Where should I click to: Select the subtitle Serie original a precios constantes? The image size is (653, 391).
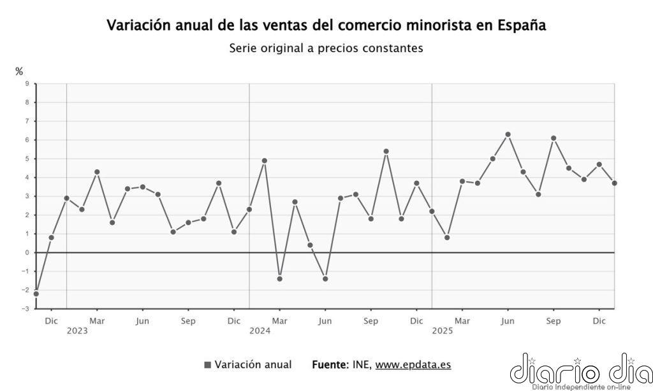point(326,48)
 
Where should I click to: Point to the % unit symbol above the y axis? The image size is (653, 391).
point(19,72)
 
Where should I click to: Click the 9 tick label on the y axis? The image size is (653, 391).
point(27,83)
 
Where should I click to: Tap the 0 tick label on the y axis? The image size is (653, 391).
point(27,253)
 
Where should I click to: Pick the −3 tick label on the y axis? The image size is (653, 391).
point(26,309)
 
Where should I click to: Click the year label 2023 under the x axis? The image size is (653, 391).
point(77,331)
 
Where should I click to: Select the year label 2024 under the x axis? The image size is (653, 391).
point(260,331)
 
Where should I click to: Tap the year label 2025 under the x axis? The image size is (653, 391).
point(443,331)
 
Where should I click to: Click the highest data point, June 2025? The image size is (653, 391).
point(508,134)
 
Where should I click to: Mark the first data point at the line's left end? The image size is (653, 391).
point(36,294)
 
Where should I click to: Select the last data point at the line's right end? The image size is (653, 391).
point(615,183)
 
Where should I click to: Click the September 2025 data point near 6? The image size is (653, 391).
point(554,138)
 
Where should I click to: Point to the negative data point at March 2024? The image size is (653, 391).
point(280,279)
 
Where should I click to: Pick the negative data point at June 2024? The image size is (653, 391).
point(325,279)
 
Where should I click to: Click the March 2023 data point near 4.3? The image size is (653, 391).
point(97,172)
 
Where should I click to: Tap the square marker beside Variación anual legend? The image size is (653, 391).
point(207,365)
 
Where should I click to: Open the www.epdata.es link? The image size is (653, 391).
point(413,365)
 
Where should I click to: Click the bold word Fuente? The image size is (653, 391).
point(330,365)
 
